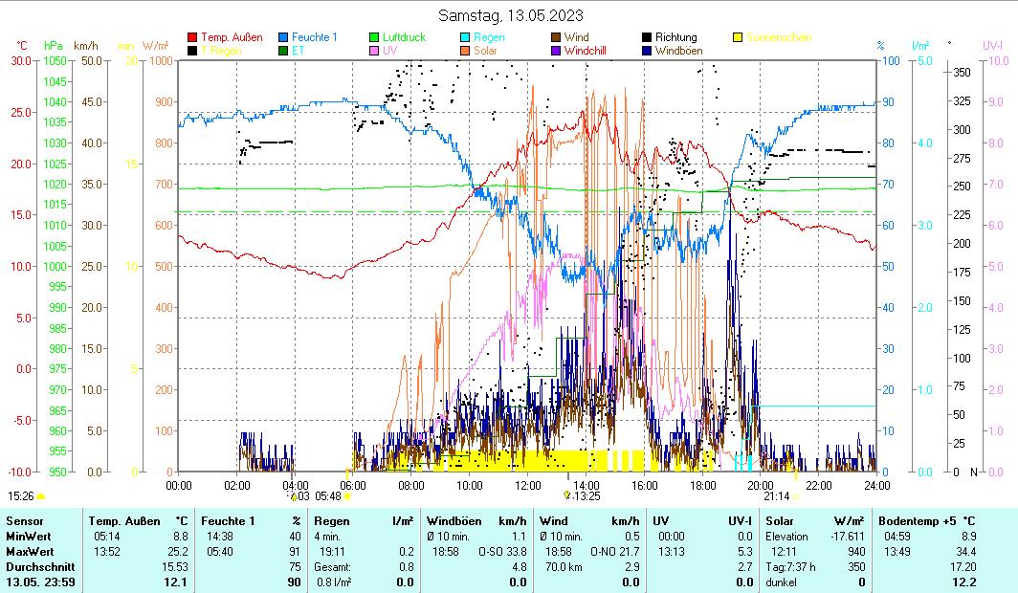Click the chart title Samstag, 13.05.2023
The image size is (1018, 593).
pos(511,15)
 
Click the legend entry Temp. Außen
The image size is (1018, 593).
pos(232,38)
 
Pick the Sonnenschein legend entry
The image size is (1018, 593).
pos(780,38)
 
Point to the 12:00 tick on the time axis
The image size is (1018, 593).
pos(528,484)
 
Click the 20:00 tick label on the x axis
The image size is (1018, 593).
pos(761,484)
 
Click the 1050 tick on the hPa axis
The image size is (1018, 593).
pos(54,61)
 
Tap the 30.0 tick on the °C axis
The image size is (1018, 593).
pos(21,61)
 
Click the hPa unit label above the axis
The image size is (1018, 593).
pos(54,46)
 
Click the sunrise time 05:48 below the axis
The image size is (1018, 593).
pos(328,496)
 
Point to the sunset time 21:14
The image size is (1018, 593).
pos(776,496)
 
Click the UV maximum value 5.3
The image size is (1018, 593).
pos(743,551)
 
